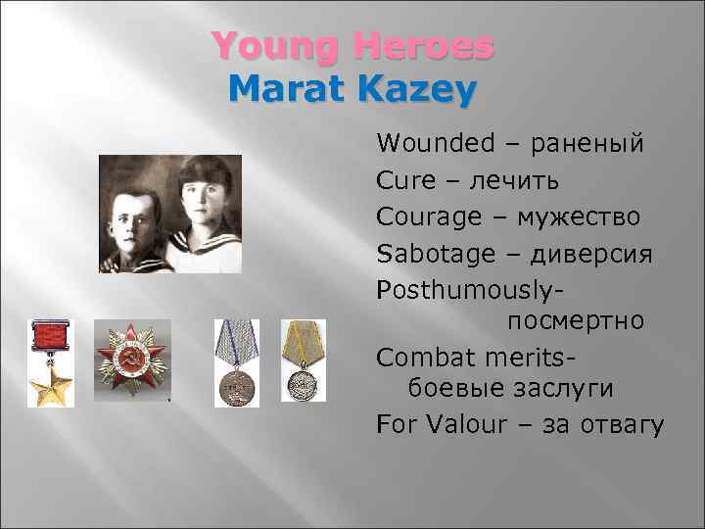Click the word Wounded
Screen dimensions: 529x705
436,144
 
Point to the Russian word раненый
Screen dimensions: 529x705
587,144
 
